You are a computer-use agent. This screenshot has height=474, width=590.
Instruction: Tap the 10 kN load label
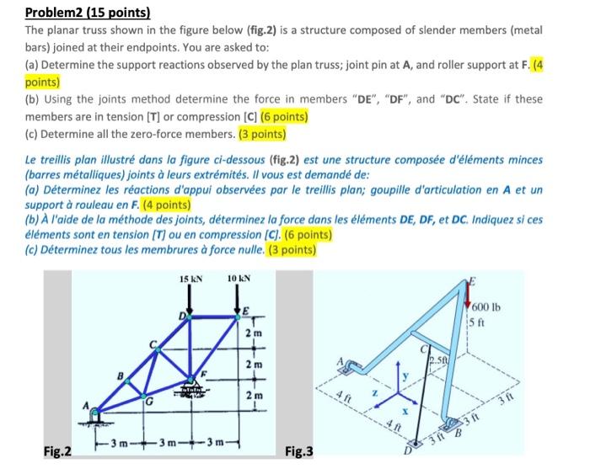pyautogui.click(x=238, y=279)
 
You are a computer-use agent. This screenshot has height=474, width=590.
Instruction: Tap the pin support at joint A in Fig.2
pyautogui.click(x=99, y=415)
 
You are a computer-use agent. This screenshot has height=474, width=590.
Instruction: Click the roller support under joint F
pyautogui.click(x=193, y=392)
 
